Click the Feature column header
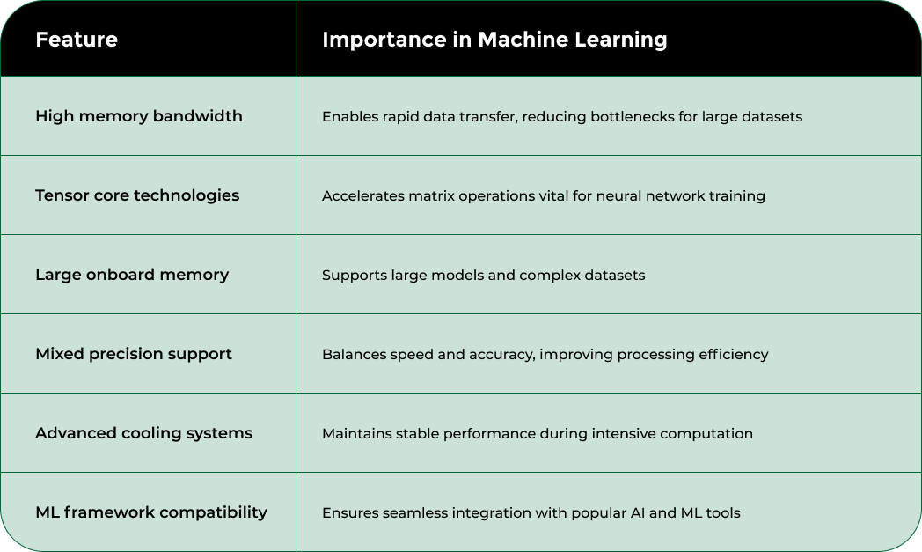click(x=77, y=40)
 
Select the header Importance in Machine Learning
click(x=494, y=40)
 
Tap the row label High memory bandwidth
click(x=139, y=116)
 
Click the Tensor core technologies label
click(x=137, y=195)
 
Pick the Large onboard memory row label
click(x=132, y=275)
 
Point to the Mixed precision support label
click(x=134, y=354)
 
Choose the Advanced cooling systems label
click(x=143, y=433)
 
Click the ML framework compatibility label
click(x=151, y=512)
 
